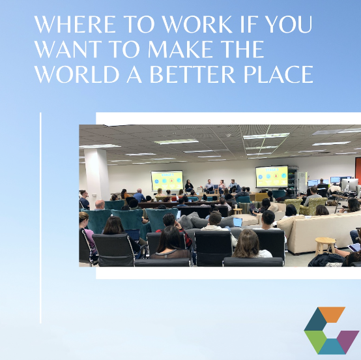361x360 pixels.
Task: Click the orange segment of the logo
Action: [332, 314]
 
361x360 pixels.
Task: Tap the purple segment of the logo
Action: [348, 338]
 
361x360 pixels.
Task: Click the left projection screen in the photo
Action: [167, 180]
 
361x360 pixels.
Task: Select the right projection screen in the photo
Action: [271, 175]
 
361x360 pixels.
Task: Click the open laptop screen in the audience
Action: [238, 222]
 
